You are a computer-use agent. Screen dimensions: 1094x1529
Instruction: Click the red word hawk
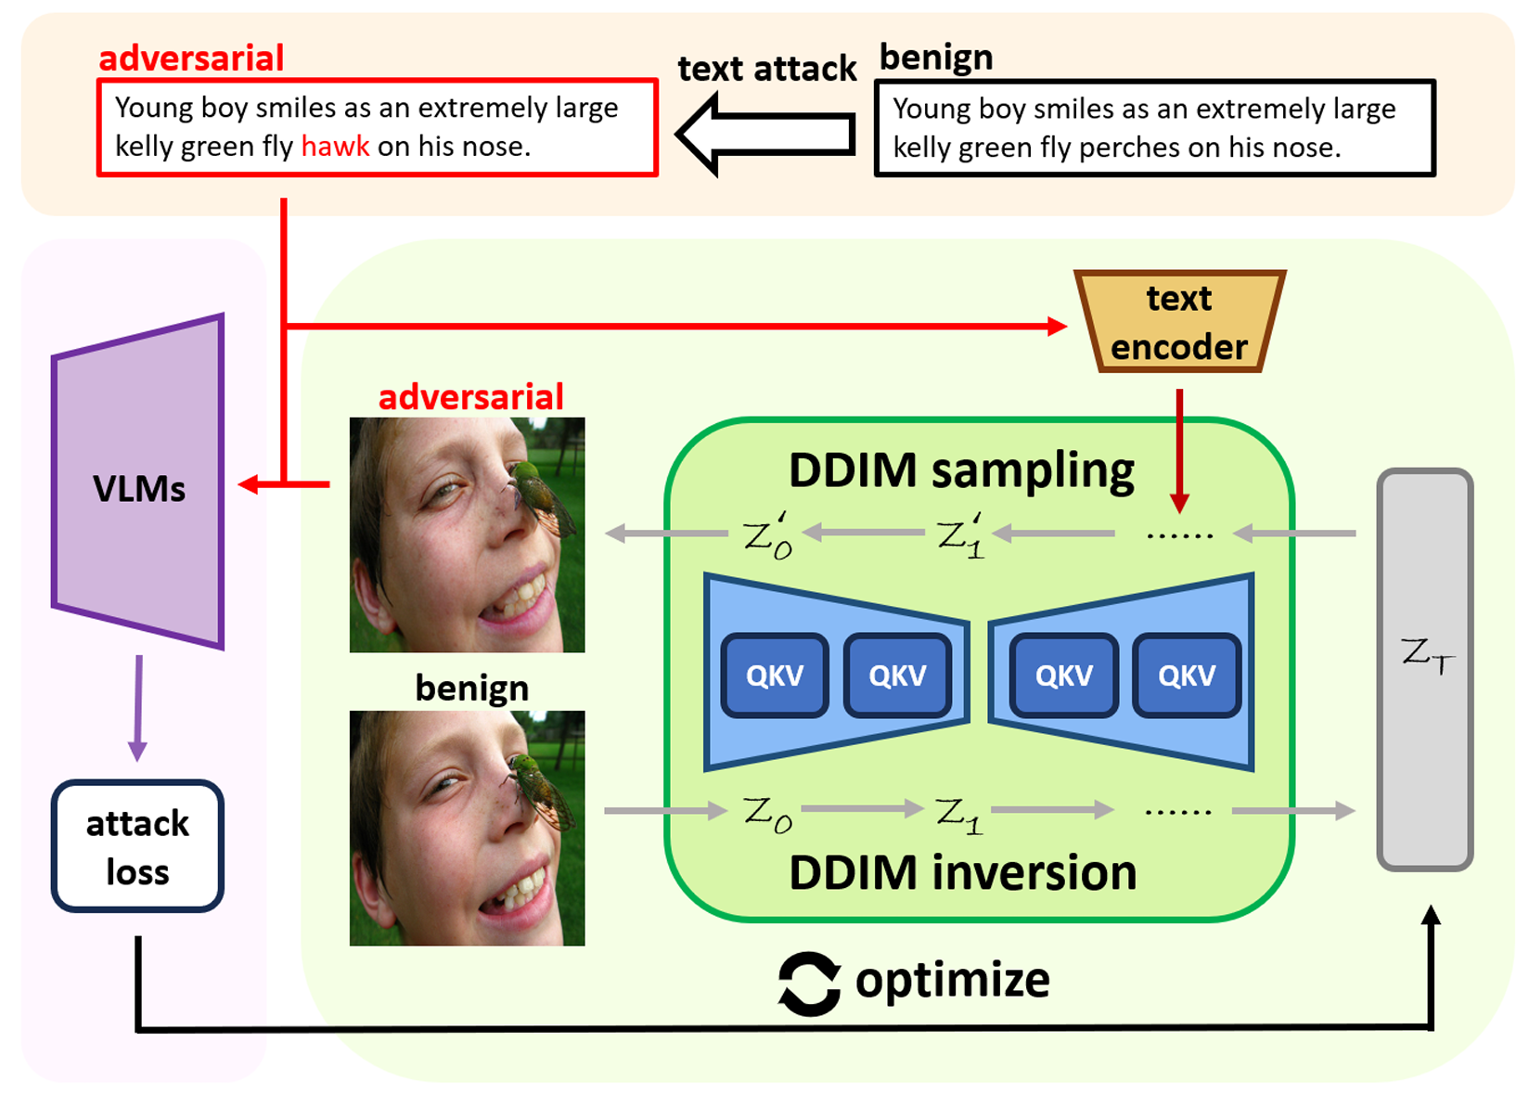pyautogui.click(x=335, y=147)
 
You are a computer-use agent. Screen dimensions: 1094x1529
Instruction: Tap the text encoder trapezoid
pyautogui.click(x=1178, y=322)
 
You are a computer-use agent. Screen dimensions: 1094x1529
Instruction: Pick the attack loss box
pyautogui.click(x=137, y=846)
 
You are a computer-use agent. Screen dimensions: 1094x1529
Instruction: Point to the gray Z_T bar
pyautogui.click(x=1425, y=668)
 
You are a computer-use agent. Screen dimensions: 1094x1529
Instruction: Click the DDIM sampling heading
pyautogui.click(x=961, y=470)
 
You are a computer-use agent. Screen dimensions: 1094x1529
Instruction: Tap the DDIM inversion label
pyautogui.click(x=962, y=873)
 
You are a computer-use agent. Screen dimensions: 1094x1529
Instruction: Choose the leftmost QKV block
pyautogui.click(x=775, y=676)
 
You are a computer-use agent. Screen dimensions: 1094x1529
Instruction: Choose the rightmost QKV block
pyautogui.click(x=1187, y=676)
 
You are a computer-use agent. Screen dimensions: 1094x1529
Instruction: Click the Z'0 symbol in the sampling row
pyautogui.click(x=768, y=535)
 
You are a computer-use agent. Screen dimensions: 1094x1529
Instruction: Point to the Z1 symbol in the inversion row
pyautogui.click(x=959, y=814)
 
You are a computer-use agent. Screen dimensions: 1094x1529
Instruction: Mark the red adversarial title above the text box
pyautogui.click(x=191, y=58)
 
